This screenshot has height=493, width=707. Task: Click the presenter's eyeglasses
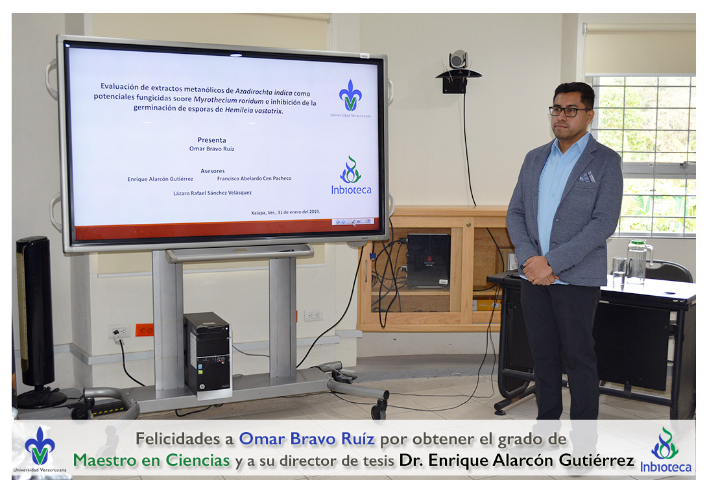point(569,111)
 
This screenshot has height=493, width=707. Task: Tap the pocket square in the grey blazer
point(587,177)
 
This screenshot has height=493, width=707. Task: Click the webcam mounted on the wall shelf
point(458,60)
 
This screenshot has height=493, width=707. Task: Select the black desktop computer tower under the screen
point(208,355)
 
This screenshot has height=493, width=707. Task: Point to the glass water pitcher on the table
point(639,261)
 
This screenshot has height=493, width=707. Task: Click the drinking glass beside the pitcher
point(619,271)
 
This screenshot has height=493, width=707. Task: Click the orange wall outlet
point(144,330)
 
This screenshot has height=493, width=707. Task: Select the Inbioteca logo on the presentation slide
point(352,175)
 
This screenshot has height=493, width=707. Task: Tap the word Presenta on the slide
point(212,140)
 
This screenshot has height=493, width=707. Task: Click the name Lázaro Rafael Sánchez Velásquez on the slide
point(212,193)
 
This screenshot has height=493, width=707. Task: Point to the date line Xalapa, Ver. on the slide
point(285,212)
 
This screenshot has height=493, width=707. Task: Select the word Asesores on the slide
point(213,171)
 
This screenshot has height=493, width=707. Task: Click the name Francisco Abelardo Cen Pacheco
point(254,178)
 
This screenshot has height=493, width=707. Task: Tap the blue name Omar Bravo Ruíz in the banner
point(307,439)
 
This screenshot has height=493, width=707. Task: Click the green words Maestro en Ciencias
point(152,460)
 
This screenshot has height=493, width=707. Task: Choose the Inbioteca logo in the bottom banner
point(665,451)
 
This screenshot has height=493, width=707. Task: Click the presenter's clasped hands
point(539,271)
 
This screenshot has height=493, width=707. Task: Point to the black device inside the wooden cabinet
point(428,260)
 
